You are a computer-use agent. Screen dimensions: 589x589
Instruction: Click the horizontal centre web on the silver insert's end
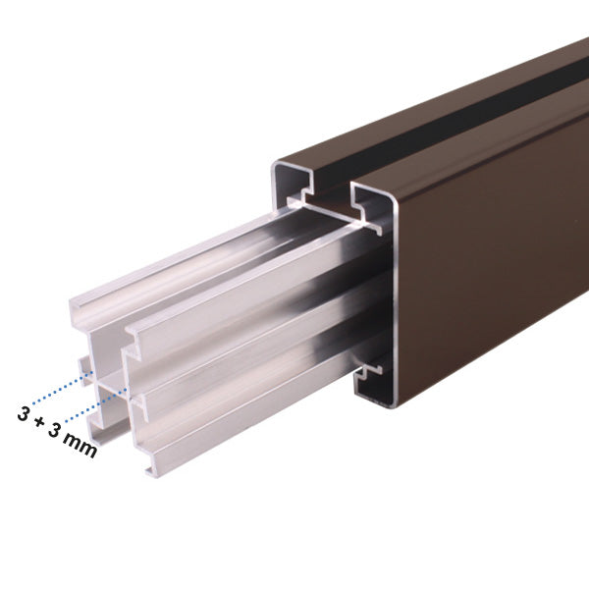pyautogui.click(x=108, y=378)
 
